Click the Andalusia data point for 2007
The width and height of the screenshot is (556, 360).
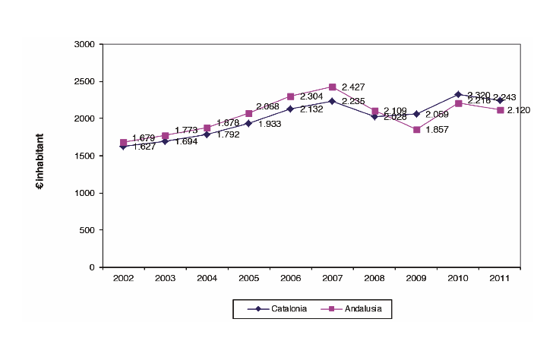(333, 87)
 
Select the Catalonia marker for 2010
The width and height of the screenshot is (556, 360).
(458, 95)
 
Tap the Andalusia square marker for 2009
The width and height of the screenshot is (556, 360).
(416, 130)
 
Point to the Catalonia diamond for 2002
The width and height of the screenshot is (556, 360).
(124, 147)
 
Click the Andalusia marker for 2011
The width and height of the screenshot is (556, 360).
(500, 110)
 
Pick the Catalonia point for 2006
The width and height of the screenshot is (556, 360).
(291, 109)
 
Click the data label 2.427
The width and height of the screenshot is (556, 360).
(354, 87)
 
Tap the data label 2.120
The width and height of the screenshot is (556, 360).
(519, 111)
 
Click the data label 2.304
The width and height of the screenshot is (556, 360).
(311, 96)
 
